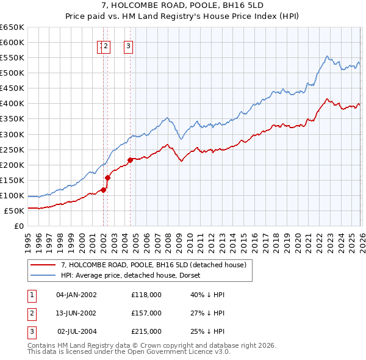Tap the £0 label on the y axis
point(18,226)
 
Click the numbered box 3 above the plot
point(129,45)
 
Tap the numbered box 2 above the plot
point(106,45)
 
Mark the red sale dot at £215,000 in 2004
point(130,160)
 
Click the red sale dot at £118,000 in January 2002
point(103,190)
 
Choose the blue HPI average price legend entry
point(134,275)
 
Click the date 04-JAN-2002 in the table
point(76,294)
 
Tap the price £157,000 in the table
point(146,313)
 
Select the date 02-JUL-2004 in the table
point(76,331)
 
